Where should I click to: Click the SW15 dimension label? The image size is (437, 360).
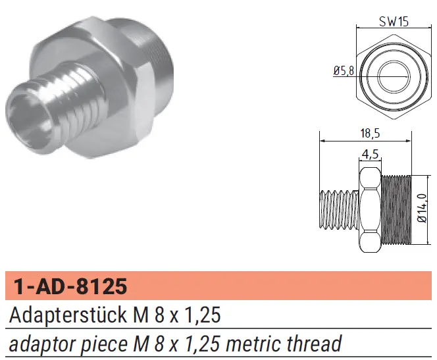pos(394,21)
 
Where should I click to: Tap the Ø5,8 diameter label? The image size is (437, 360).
pos(344,71)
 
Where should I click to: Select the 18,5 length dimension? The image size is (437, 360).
pos(370,134)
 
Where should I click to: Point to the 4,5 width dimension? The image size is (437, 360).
pos(370,153)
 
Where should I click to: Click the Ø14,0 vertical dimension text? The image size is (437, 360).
pos(423,208)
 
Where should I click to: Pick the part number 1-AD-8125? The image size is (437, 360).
pos(70,286)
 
